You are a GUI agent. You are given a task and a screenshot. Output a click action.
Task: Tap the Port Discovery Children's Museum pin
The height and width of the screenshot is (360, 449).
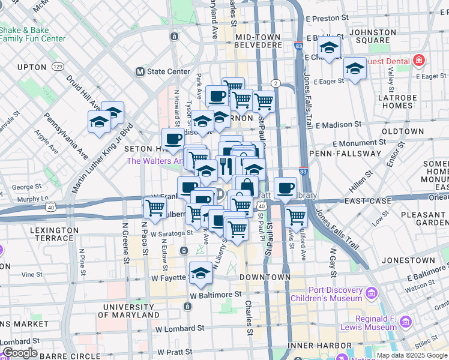coord(370,293)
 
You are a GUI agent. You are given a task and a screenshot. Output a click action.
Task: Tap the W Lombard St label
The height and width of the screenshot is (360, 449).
coord(182,329)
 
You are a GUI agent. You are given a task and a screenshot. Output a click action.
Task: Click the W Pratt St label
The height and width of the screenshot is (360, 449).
coord(177,352)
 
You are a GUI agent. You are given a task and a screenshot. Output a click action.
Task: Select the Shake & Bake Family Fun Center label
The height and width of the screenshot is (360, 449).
coord(33,34)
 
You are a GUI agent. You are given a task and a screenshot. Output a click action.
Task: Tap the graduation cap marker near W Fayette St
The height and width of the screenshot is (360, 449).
coord(200,273)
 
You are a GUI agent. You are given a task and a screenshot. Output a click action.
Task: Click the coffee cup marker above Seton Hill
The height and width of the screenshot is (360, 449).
coord(173,139)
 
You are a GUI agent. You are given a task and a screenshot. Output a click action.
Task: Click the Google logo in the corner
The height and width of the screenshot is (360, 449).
coord(19,353)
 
